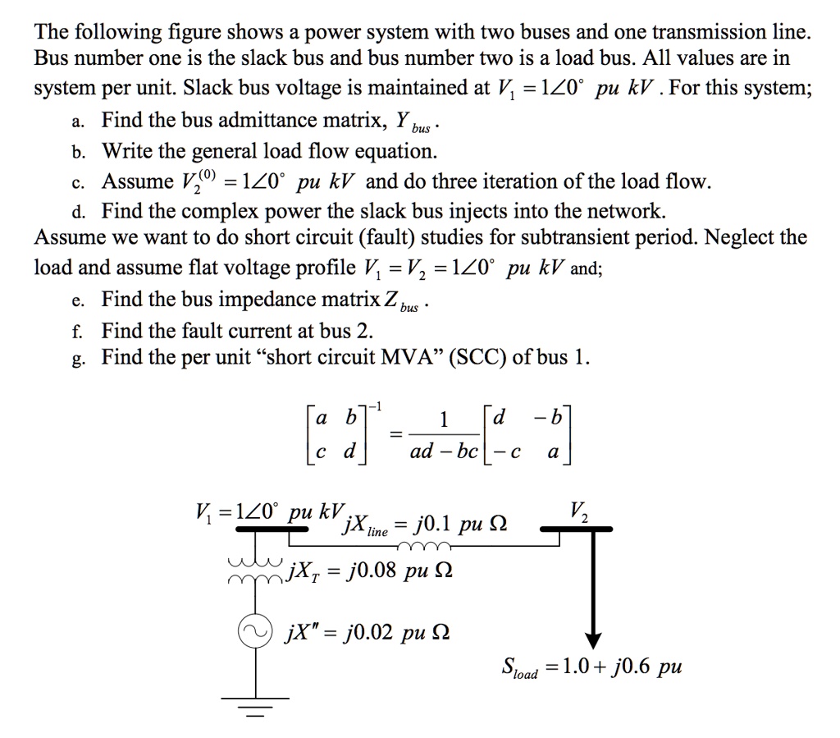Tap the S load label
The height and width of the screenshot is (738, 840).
click(519, 667)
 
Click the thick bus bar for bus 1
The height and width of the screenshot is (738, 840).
click(256, 529)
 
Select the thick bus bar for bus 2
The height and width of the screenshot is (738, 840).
click(577, 529)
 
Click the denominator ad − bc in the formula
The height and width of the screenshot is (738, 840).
click(443, 452)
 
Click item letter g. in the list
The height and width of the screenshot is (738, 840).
click(76, 359)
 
